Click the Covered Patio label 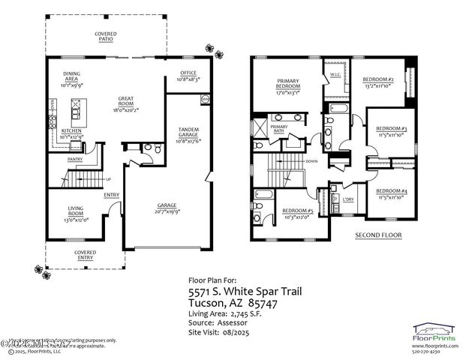tap(105, 36)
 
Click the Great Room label tap(125, 104)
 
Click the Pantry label tap(75, 159)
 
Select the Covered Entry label tap(85, 254)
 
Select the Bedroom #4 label tap(391, 193)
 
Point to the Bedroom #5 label tap(297, 213)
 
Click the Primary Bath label tap(279, 130)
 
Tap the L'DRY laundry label tap(348, 199)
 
